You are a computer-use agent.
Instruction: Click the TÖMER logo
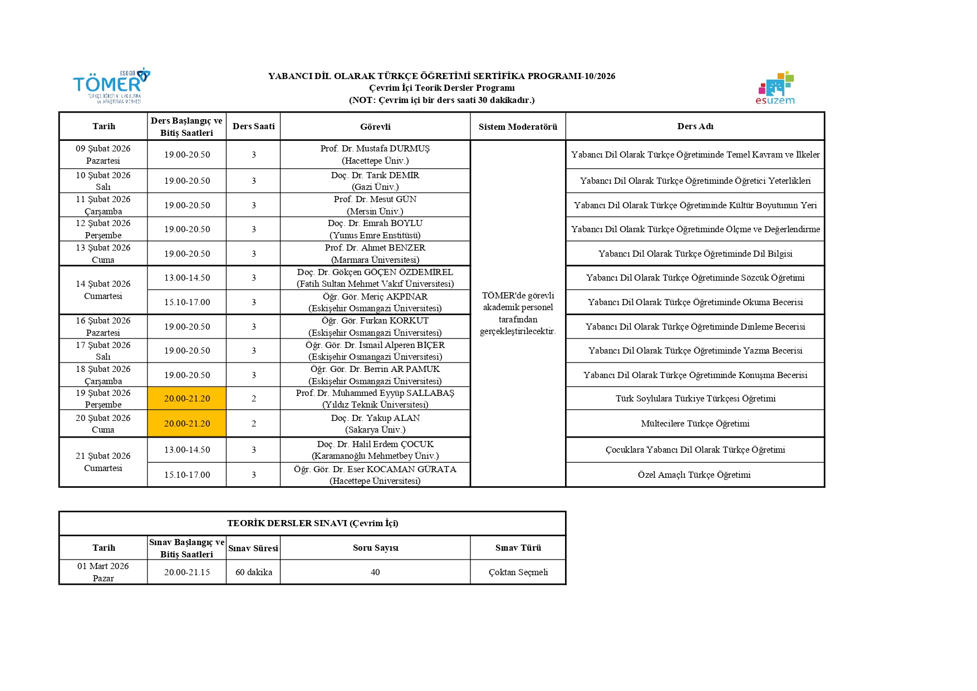click(111, 85)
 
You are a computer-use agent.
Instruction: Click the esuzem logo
click(775, 89)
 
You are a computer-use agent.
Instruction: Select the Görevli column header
click(375, 127)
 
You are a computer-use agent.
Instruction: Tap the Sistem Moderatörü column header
click(518, 127)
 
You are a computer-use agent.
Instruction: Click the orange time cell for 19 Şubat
click(187, 399)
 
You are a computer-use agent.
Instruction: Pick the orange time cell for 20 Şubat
click(187, 424)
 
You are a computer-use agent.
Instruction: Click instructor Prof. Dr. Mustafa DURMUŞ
click(375, 154)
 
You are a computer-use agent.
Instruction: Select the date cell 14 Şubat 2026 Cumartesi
click(103, 290)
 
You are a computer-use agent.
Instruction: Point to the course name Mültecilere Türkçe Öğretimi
click(695, 424)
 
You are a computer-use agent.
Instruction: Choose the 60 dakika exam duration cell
click(254, 572)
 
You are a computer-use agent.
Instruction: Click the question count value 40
click(375, 572)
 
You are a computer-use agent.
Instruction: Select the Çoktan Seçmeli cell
click(518, 572)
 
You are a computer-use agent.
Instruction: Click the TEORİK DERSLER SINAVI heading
click(312, 523)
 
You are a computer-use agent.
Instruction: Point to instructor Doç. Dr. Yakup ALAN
click(375, 424)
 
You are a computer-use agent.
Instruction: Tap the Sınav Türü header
click(518, 548)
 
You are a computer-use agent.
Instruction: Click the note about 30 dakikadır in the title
click(441, 100)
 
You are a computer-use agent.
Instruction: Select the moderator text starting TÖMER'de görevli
click(518, 313)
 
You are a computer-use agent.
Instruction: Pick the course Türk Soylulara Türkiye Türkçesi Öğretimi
click(695, 399)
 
